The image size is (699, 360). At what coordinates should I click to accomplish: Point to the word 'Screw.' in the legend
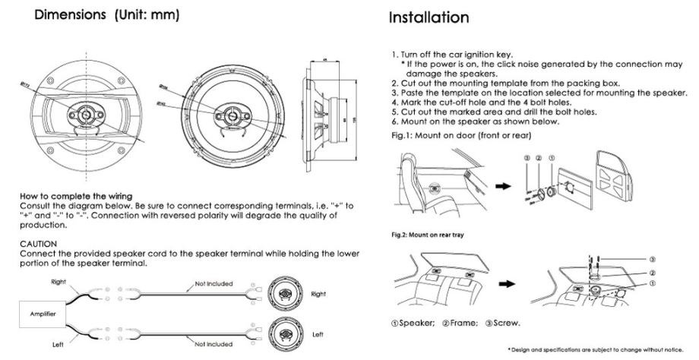pos(507,322)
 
